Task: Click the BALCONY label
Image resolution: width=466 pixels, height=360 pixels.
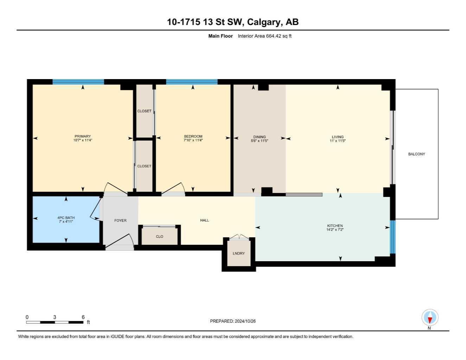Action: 416,154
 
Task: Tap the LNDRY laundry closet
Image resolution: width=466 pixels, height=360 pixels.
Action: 239,253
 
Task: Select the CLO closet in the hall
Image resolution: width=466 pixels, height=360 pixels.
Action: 160,236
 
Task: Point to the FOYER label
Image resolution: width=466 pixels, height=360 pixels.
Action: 120,220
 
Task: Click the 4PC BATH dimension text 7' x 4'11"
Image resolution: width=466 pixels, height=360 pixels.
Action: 66,221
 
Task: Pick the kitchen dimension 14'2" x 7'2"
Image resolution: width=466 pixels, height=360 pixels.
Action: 335,230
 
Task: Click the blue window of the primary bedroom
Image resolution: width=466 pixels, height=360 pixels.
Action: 78,82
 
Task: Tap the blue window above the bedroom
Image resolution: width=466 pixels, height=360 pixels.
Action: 192,82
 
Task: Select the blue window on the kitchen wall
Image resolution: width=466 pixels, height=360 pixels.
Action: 392,237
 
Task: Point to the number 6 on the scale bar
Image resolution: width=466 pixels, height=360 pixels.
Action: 83,317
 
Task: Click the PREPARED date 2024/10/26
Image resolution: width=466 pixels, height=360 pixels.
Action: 245,321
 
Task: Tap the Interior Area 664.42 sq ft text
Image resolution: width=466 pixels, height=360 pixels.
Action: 264,36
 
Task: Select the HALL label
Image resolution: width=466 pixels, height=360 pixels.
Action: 204,220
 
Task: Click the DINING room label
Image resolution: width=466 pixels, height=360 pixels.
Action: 260,137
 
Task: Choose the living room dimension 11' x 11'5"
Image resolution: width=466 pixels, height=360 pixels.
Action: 338,141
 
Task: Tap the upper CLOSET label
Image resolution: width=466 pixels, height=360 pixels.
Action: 144,111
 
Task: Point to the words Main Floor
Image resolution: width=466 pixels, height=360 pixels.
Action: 221,36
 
